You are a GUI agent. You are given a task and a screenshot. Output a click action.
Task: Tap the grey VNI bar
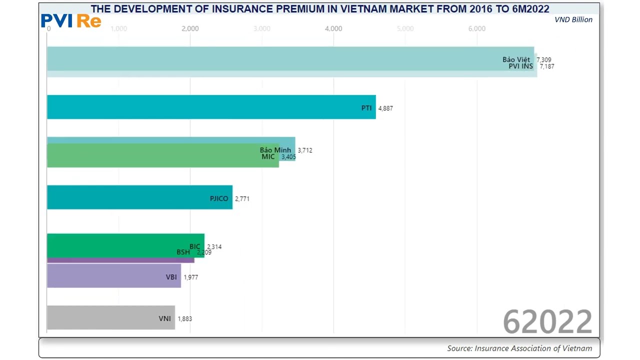(110, 317)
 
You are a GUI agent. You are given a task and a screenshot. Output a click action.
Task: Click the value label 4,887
(385, 108)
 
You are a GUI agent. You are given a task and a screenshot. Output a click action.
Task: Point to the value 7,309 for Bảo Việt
(544, 60)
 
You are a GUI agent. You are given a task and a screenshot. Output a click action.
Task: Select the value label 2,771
(242, 199)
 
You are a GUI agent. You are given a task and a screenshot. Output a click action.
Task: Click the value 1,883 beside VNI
(184, 319)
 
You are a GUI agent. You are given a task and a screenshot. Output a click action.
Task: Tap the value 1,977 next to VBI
(190, 277)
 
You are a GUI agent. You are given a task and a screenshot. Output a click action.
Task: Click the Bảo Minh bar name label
(275, 150)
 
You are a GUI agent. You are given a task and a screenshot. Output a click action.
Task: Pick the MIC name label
(268, 156)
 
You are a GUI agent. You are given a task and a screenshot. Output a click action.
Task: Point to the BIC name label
(194, 246)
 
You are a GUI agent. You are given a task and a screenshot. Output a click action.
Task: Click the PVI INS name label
(520, 66)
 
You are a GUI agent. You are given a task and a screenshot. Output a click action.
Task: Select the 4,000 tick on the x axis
(333, 28)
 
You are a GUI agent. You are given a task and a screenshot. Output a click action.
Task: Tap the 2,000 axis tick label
(190, 28)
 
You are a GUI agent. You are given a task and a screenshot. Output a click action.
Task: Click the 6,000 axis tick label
(476, 28)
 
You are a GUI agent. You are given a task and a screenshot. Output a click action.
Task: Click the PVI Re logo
(71, 20)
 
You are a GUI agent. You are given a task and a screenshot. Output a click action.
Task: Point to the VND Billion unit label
(573, 19)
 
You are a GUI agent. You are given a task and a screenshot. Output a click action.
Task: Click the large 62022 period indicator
(547, 321)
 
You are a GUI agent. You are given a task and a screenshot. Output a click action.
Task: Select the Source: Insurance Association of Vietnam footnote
(519, 348)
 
